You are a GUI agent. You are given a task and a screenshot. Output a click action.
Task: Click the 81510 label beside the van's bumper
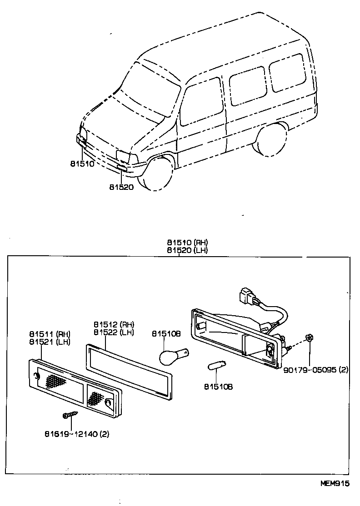[82, 164]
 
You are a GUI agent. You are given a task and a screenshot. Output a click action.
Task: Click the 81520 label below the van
[121, 187]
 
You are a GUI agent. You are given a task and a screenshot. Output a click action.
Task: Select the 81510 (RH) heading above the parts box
[187, 243]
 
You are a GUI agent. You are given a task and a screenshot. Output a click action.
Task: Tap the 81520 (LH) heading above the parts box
[187, 250]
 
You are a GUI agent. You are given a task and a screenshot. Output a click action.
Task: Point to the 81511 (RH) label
[50, 334]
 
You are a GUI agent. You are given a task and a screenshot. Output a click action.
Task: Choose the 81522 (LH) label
[114, 332]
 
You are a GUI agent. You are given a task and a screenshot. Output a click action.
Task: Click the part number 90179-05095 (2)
[316, 370]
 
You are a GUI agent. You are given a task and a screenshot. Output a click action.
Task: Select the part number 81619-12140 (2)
[77, 434]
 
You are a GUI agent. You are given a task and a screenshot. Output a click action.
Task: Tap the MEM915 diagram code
[335, 483]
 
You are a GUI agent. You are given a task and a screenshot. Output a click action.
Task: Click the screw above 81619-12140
[71, 414]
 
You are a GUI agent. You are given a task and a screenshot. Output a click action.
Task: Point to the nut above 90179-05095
[309, 338]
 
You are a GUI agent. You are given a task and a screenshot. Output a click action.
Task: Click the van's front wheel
[158, 174]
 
